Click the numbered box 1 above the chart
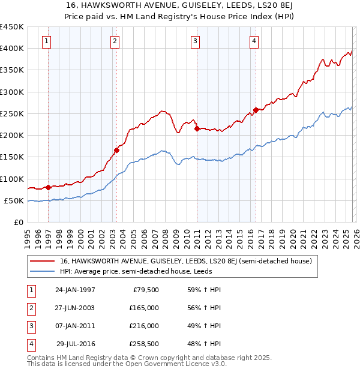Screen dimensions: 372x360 point(47,41)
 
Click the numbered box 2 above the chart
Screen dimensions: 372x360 point(115,41)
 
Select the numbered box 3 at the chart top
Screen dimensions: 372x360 point(195,41)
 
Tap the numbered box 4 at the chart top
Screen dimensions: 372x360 point(254,41)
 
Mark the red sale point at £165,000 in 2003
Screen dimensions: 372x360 point(117,151)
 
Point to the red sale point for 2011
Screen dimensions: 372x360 point(197,128)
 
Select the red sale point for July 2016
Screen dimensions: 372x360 point(256,110)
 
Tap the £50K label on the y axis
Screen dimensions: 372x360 point(14,200)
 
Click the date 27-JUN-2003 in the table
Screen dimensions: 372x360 point(75,308)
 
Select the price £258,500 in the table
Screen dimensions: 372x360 point(144,344)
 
